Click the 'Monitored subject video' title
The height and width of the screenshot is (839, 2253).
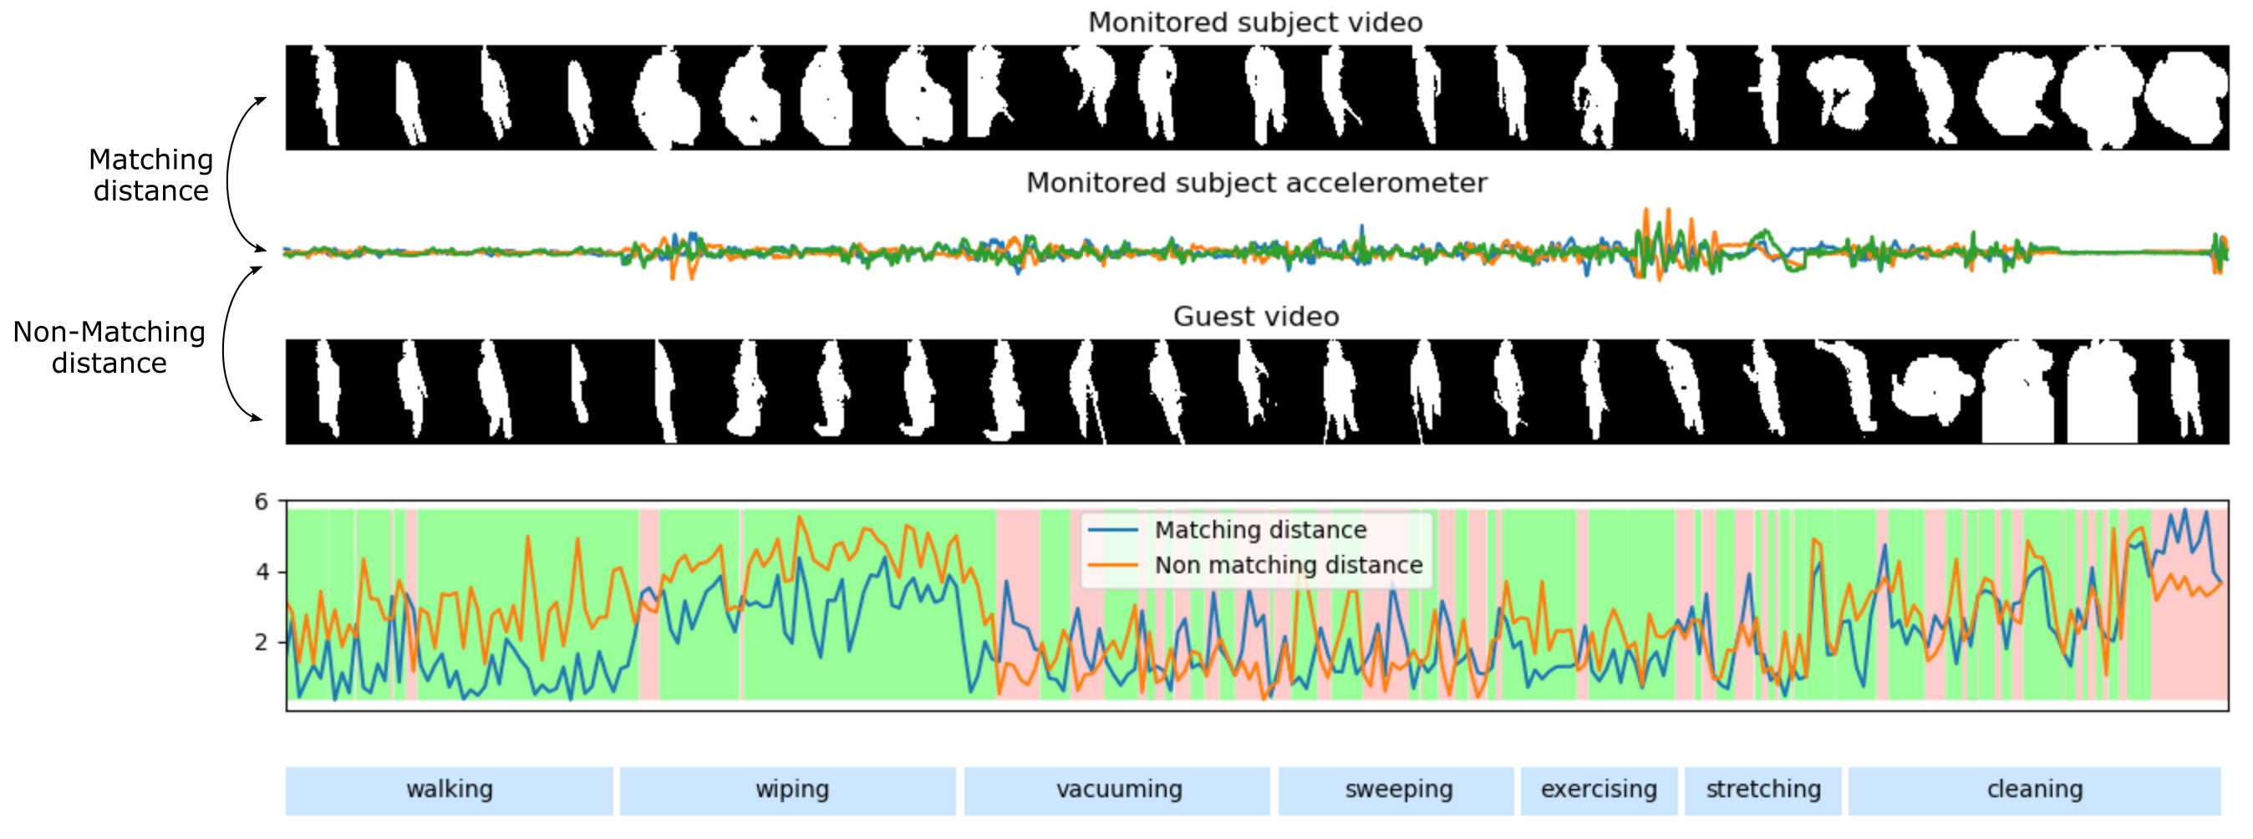[x=1255, y=23]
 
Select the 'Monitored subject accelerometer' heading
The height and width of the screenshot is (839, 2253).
[x=1256, y=183]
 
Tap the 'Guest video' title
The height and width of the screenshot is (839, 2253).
[x=1256, y=317]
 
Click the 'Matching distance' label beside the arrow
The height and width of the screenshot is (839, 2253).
[x=150, y=175]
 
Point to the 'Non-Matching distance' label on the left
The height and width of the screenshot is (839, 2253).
[x=109, y=348]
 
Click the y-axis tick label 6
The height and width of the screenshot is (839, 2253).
[x=262, y=501]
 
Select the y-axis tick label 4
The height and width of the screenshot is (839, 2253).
[x=262, y=572]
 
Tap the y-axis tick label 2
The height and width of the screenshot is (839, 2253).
[x=262, y=642]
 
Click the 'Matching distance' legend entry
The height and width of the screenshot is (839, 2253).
[x=1259, y=530]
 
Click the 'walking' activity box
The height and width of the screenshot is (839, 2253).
[x=449, y=790]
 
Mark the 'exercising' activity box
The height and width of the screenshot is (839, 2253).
[x=1599, y=790]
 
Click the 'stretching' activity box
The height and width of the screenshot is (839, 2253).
[x=1762, y=790]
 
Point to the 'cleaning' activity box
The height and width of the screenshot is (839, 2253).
[x=2034, y=790]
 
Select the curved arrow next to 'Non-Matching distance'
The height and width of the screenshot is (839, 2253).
[x=226, y=346]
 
